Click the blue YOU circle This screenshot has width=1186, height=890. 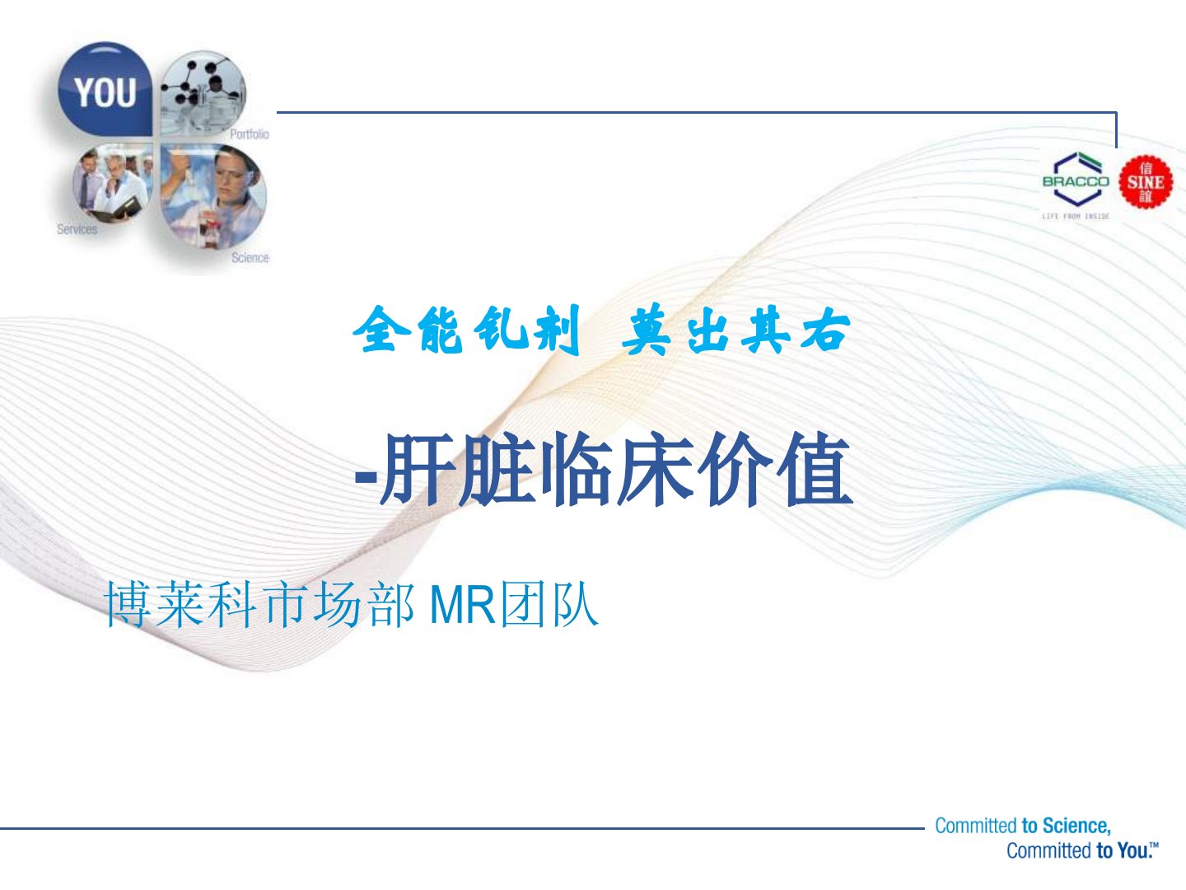[105, 89]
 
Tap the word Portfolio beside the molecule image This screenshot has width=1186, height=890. [249, 134]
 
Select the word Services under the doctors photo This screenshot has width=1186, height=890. [77, 229]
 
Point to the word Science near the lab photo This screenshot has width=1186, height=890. [250, 258]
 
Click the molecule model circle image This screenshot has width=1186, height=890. [203, 93]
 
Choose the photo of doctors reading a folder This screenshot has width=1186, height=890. [112, 184]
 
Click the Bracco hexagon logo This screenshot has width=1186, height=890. [1076, 180]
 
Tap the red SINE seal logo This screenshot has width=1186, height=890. [1146, 181]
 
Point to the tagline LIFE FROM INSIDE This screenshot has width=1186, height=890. [1076, 216]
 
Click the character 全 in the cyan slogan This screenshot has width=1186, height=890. [382, 329]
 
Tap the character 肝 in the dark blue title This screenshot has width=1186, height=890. [417, 469]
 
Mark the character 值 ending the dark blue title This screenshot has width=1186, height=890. [815, 469]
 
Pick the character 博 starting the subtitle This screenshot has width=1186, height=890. [128, 604]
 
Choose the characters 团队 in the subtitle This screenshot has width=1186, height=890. [549, 605]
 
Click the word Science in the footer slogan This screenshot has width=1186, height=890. [1076, 826]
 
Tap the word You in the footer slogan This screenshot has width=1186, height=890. [1132, 850]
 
